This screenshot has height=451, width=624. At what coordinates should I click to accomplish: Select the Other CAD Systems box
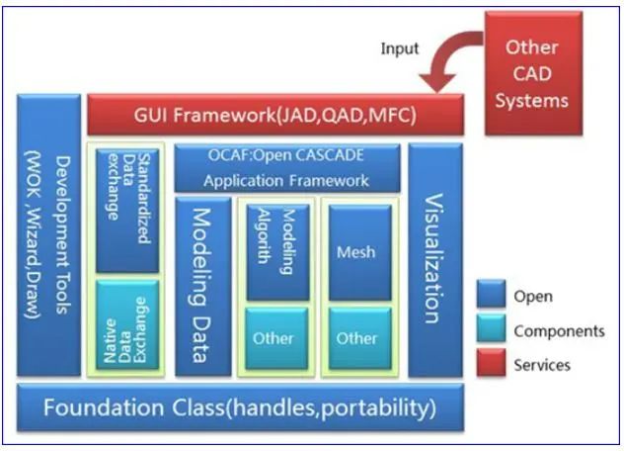pos(532,73)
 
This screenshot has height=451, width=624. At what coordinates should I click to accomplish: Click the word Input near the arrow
pos(400,48)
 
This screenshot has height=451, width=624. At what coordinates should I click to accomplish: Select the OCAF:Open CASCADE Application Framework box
pos(286,167)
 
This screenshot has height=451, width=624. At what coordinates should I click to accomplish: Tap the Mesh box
pos(356,250)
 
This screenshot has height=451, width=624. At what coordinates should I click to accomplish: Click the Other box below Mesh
pos(356,338)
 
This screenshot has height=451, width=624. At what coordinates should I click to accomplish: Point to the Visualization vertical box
pos(435,260)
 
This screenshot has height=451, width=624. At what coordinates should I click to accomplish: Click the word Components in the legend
pos(559,331)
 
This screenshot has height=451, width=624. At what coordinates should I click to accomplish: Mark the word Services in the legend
pos(542,365)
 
